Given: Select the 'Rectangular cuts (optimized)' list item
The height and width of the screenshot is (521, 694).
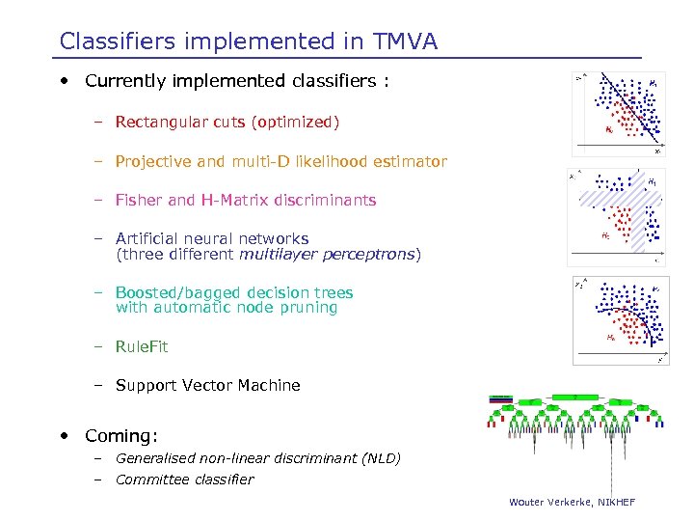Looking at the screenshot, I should point(227,123).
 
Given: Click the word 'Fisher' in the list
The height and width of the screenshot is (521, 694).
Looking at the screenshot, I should point(139,200).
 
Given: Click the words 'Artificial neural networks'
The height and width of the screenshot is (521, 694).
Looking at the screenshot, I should point(211,238).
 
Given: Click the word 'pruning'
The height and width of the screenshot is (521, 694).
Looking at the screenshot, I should point(307,308).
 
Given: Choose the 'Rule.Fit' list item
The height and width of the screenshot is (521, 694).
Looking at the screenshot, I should point(141,346).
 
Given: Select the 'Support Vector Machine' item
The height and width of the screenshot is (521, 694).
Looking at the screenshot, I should point(207,385).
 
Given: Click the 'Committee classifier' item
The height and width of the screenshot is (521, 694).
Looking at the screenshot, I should point(184,480).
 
